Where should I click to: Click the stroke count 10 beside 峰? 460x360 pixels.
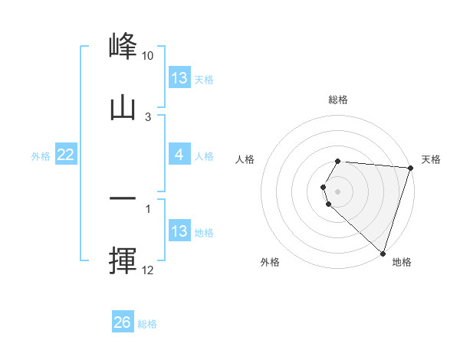148,56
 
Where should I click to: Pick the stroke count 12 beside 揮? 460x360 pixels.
148,270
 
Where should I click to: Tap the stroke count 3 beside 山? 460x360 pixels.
148,117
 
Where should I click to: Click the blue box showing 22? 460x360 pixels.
66,155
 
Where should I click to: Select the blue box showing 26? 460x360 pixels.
123,322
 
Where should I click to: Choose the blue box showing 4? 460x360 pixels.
179,155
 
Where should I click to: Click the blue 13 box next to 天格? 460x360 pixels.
179,78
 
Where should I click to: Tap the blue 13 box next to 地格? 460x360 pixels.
179,231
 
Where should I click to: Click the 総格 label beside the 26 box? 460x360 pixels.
148,323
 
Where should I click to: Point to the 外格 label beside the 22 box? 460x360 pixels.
41,155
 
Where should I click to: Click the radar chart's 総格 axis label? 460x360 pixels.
338,100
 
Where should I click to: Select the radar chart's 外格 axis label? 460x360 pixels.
270,262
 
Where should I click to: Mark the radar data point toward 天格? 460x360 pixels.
410,169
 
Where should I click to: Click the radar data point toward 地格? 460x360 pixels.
383,254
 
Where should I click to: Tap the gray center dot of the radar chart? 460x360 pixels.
338,190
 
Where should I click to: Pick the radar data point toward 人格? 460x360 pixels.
323,186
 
